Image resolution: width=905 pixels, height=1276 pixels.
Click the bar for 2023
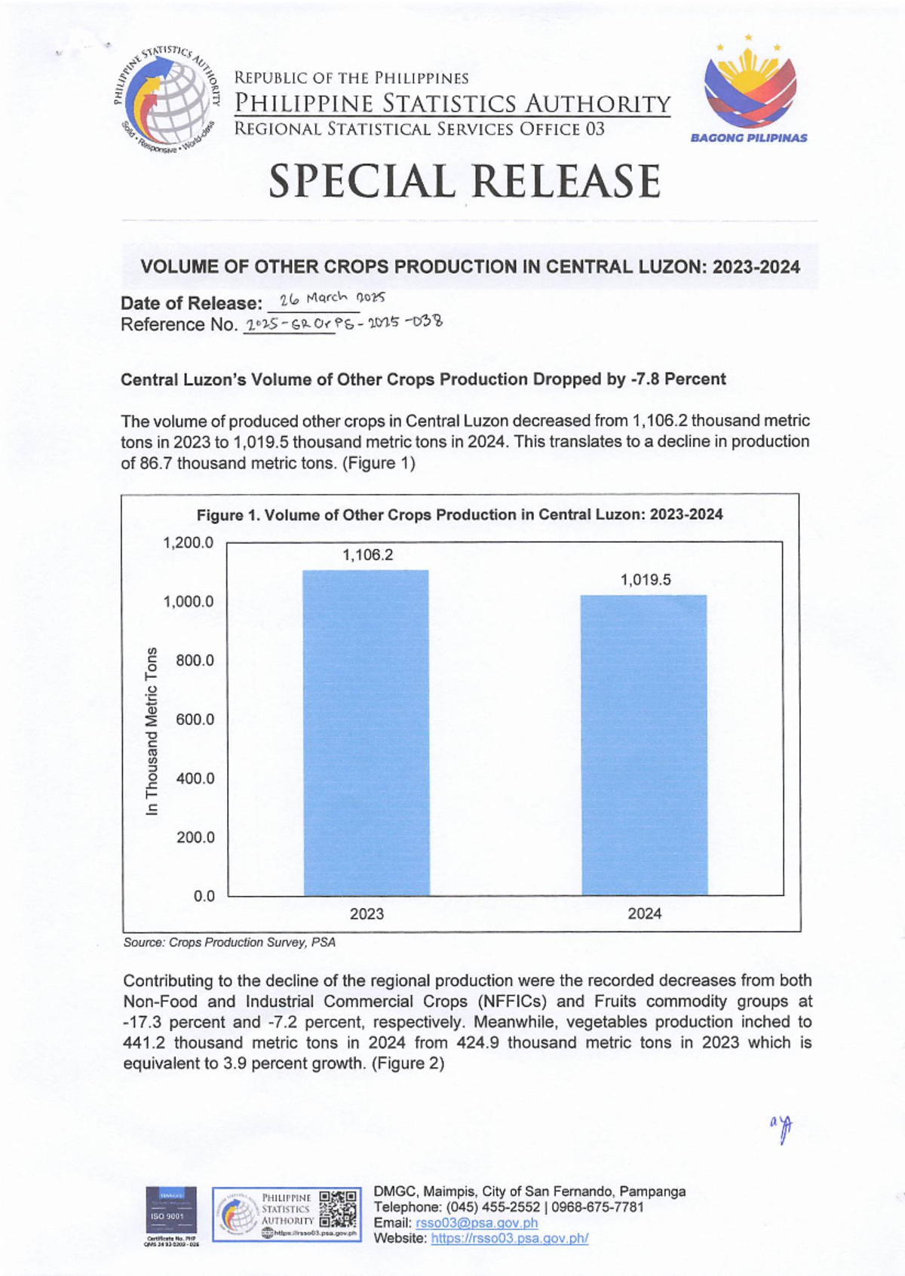point(367,732)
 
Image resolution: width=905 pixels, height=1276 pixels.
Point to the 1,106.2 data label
point(367,555)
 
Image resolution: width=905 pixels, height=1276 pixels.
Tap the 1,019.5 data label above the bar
point(646,580)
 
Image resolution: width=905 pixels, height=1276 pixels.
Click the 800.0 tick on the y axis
point(195,661)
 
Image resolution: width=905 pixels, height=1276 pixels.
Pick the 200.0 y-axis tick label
point(195,837)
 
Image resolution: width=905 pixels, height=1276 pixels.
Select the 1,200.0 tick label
point(189,543)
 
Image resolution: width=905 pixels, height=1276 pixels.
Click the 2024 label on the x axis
point(645,914)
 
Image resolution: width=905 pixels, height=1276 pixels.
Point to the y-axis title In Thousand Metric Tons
point(152,731)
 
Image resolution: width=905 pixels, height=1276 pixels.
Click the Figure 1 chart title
point(459,515)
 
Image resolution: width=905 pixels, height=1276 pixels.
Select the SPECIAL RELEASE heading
point(465,182)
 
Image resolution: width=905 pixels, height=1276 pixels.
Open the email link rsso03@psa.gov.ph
point(477,1222)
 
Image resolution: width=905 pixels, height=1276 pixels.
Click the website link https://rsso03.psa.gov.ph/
point(509,1238)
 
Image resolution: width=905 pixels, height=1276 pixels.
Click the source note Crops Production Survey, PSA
point(229,943)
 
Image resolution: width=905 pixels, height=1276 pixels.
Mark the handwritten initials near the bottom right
point(783,1128)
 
